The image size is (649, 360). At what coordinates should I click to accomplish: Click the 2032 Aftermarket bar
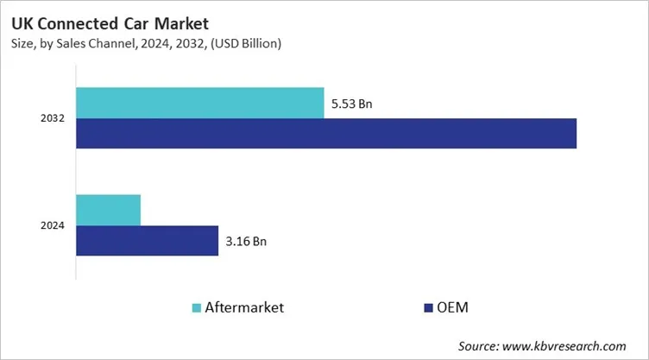pyautogui.click(x=199, y=103)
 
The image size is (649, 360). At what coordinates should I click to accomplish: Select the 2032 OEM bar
pyautogui.click(x=325, y=133)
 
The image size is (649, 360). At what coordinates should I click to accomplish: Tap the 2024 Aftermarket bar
pyautogui.click(x=108, y=210)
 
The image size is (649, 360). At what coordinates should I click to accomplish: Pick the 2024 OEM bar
pyautogui.click(x=147, y=241)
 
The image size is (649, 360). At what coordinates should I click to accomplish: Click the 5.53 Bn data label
pyautogui.click(x=353, y=104)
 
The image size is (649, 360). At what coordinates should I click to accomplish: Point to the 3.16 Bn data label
pyautogui.click(x=246, y=242)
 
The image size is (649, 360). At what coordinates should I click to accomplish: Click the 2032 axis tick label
pyautogui.click(x=53, y=118)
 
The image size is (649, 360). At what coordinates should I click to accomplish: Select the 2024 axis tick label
pyautogui.click(x=53, y=226)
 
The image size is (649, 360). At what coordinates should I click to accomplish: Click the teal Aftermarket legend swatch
pyautogui.click(x=196, y=306)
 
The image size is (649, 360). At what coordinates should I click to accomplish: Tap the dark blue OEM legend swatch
pyautogui.click(x=428, y=306)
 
